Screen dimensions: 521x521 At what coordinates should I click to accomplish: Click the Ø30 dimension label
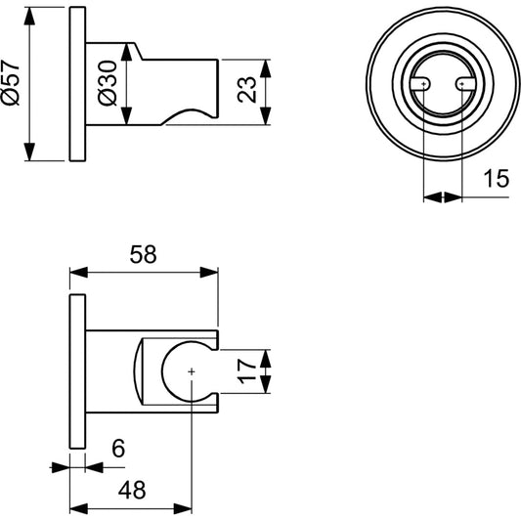click(108, 86)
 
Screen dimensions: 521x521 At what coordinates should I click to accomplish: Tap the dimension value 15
click(496, 179)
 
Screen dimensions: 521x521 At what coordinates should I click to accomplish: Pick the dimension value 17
click(247, 370)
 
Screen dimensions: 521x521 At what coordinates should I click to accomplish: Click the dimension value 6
click(117, 449)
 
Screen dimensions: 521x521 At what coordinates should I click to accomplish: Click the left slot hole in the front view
click(421, 86)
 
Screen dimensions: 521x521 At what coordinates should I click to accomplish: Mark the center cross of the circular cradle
click(192, 371)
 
